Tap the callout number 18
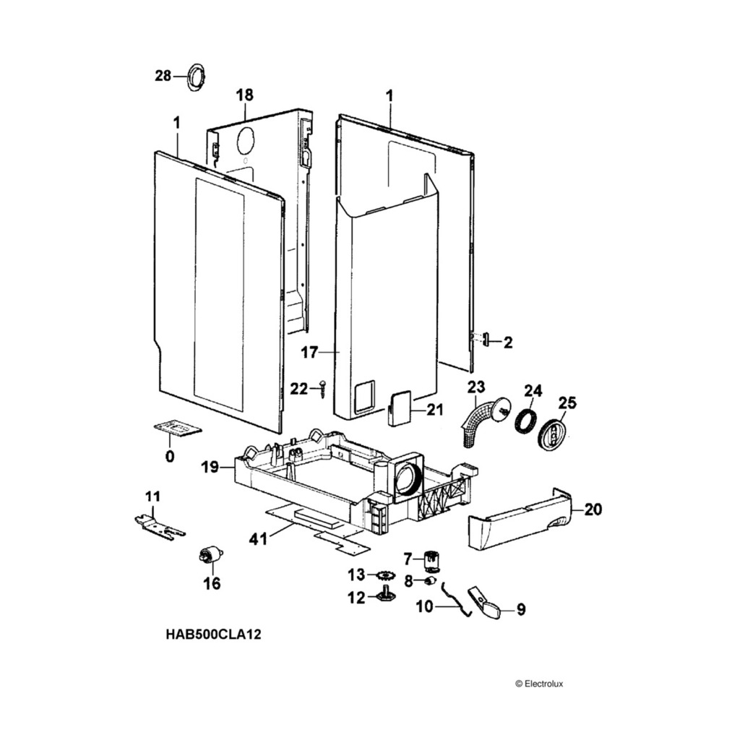click(245, 95)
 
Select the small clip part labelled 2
click(486, 339)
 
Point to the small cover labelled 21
click(398, 408)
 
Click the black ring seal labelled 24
click(526, 421)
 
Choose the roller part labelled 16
click(210, 557)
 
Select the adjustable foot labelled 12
click(386, 596)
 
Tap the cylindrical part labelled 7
click(432, 559)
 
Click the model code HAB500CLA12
click(213, 635)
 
